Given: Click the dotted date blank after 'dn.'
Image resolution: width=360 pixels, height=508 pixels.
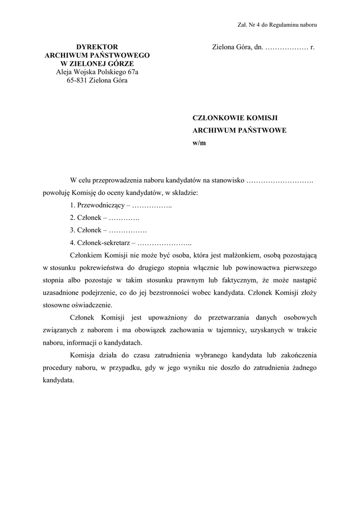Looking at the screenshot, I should (x=287, y=48).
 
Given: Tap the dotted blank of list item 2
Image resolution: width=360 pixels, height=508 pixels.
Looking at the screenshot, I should (x=124, y=217).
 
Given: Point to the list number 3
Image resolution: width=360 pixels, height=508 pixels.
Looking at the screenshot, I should (x=72, y=230).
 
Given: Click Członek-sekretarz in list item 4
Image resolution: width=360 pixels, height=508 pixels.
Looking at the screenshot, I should (x=103, y=243).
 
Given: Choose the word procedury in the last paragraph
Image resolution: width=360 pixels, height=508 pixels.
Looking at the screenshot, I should (x=59, y=368).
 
